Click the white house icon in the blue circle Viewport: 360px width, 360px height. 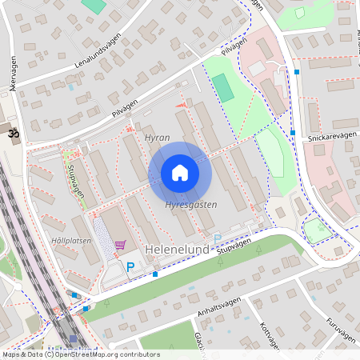pos(180,173)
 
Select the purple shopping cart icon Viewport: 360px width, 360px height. pos(120,245)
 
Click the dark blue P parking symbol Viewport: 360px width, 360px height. pos(130,266)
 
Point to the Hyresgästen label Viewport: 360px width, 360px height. pos(190,206)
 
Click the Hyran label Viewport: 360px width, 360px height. pos(157,138)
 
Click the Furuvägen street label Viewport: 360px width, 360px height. pos(340,329)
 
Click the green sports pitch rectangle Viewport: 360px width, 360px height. pos(223,87)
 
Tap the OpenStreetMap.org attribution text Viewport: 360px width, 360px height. pos(112,354)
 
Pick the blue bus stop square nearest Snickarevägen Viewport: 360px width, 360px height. pos(293,133)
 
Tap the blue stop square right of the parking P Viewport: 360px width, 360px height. pos(155,274)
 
